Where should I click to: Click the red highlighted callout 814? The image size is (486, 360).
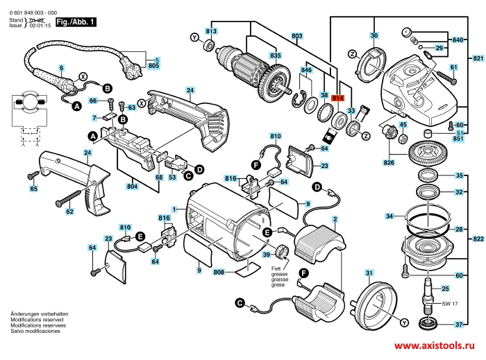pyautogui.click(x=338, y=98)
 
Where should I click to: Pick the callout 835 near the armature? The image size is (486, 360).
pyautogui.click(x=276, y=55)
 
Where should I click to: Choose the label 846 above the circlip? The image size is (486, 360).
pyautogui.click(x=306, y=70)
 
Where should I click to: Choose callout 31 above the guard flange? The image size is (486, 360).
pyautogui.click(x=369, y=272)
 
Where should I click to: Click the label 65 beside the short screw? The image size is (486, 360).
pyautogui.click(x=33, y=189)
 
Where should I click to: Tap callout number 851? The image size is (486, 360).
pyautogui.click(x=458, y=139)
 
